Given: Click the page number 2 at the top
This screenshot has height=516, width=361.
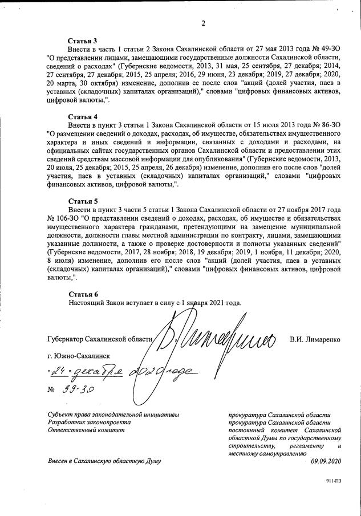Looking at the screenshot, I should tap(202, 23).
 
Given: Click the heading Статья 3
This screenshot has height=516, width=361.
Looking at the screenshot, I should tap(83, 41).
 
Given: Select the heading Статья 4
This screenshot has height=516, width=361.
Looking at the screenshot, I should tap(83, 115).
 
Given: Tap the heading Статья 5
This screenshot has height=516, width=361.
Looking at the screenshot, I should tap(83, 201).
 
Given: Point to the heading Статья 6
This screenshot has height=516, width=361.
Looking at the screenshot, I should tap(83, 293).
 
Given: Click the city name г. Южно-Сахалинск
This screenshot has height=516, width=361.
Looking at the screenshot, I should tap(79, 356).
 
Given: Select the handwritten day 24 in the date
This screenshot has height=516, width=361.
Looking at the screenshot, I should tap(58, 372).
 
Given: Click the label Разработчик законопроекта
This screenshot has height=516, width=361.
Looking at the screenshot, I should tap(89, 422).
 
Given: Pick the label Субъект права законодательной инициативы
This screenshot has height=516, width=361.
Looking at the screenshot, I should tap(113, 415).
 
